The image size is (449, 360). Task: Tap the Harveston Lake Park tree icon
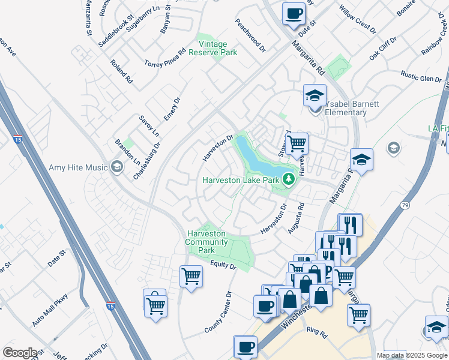click(289, 179)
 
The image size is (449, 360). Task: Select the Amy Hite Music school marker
click(118, 167)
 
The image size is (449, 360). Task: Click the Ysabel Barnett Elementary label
click(352, 108)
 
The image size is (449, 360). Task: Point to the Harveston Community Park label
click(206, 241)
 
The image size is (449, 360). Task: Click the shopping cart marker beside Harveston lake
click(297, 144)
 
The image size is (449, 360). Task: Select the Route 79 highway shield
click(405, 205)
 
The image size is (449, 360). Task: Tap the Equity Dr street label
click(223, 265)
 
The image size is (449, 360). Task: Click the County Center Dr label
click(218, 313)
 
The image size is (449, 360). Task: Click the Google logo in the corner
click(20, 353)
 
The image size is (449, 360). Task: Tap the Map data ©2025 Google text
click(412, 355)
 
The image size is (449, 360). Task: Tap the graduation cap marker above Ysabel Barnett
click(314, 95)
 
